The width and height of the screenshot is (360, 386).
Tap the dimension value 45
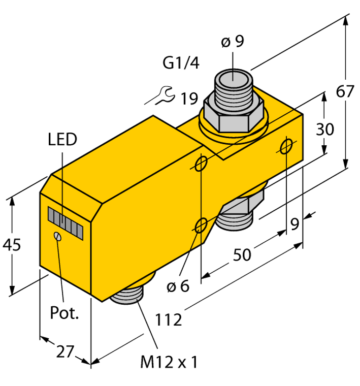[x=12, y=245]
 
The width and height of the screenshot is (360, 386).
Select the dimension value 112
[x=168, y=320]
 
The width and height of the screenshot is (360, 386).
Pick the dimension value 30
[x=324, y=130]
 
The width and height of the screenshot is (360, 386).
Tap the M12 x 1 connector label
[x=168, y=363]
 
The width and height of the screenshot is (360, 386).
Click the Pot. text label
[x=65, y=313]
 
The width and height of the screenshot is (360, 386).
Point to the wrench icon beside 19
[x=163, y=95]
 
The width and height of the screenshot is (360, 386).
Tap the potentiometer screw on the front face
[x=57, y=236]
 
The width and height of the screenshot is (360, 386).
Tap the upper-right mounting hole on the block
[x=286, y=147]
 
